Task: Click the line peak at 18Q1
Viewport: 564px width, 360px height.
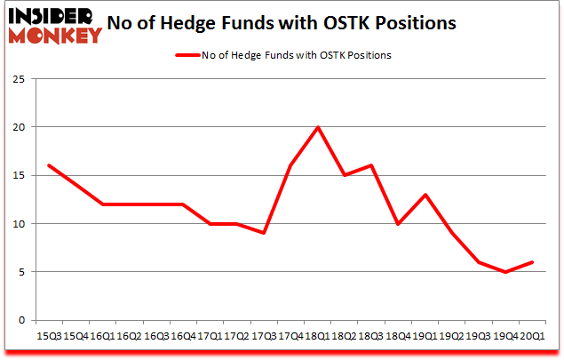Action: tap(317, 127)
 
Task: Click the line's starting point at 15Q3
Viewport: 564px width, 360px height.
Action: tap(48, 165)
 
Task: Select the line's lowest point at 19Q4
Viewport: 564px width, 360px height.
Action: tap(507, 271)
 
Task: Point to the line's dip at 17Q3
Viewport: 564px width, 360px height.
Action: tap(264, 233)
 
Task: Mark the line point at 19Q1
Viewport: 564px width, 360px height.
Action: tap(426, 195)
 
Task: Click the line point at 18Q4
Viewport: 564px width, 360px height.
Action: tap(399, 223)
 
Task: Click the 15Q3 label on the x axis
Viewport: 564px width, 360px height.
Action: tap(48, 337)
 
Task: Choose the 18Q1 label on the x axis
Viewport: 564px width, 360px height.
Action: tap(317, 337)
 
